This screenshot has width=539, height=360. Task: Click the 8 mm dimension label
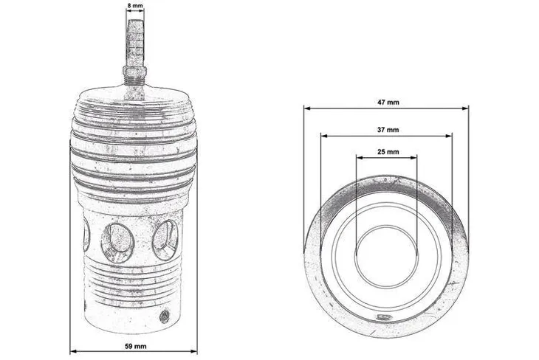point(134,5)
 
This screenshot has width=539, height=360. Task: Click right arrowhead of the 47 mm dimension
point(466,108)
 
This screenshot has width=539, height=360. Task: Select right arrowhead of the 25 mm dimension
point(415,156)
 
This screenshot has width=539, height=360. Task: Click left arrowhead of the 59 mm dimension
point(72,351)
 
